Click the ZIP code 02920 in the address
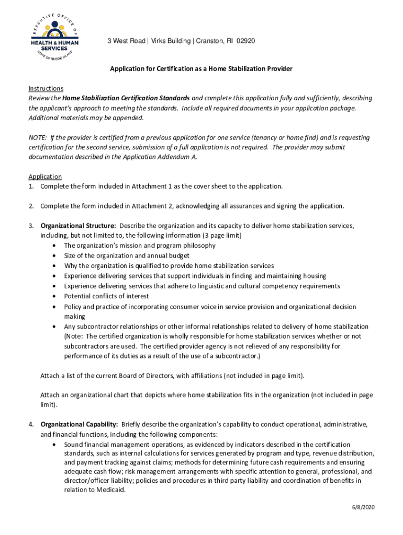pos(246,41)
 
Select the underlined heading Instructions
pos(46,88)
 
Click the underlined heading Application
pos(45,177)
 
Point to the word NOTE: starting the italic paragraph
pos(38,137)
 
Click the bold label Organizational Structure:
pos(79,226)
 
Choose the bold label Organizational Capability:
pos(79,424)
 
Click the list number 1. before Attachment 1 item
pos(31,187)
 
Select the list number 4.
pos(31,424)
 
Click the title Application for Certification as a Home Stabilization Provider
pos(201,69)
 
